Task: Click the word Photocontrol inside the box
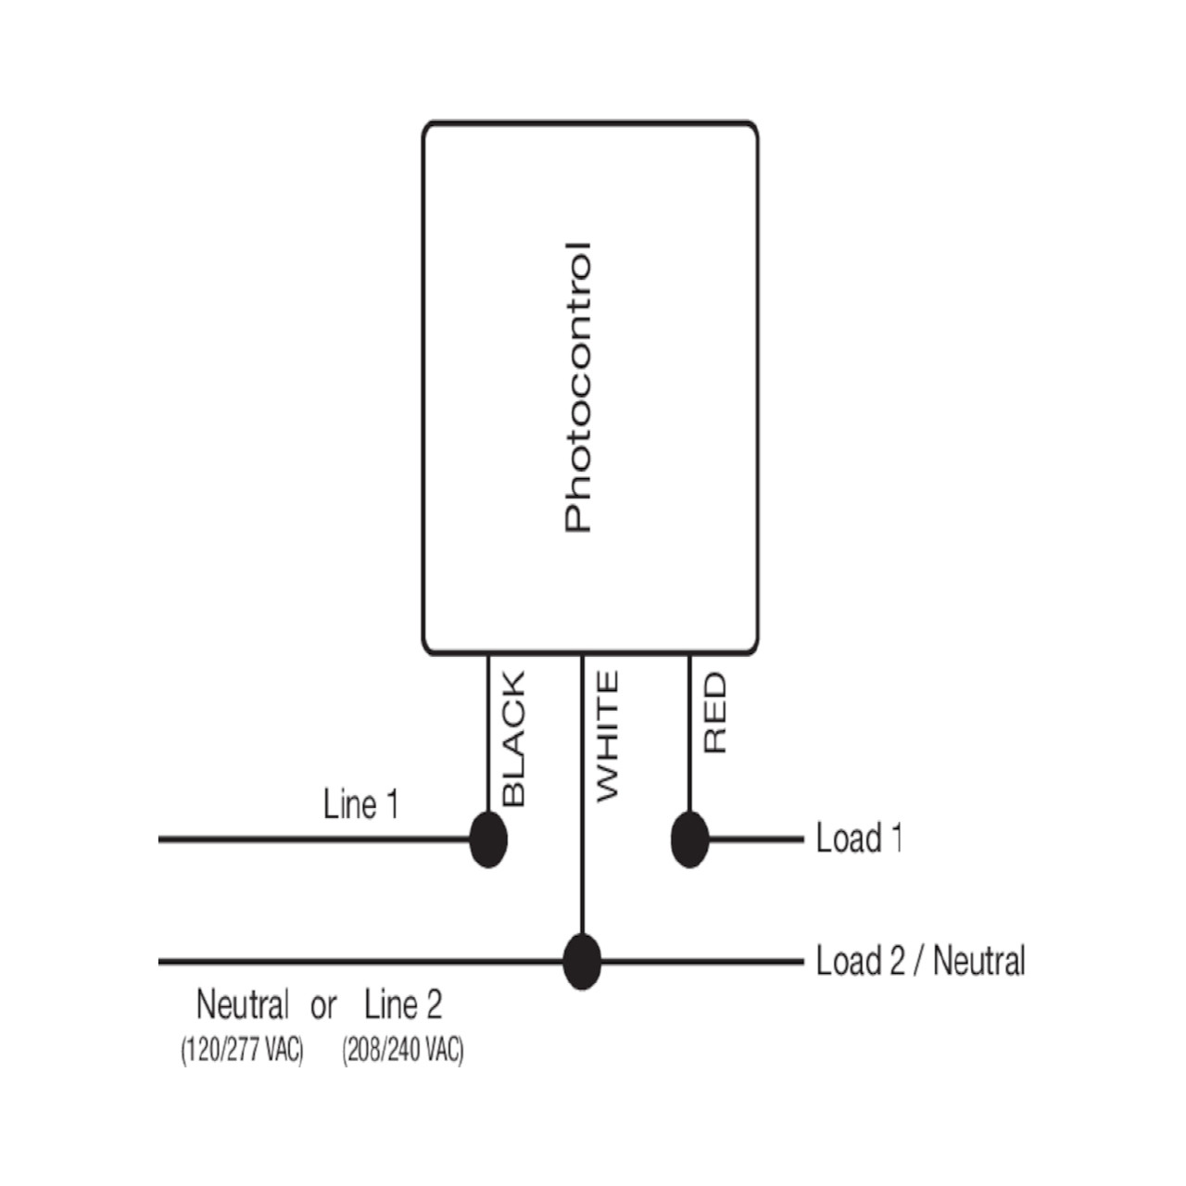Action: [577, 387]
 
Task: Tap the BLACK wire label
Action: [512, 738]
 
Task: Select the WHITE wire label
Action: [606, 737]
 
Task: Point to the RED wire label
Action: [714, 713]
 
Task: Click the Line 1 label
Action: [361, 804]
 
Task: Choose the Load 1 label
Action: [858, 839]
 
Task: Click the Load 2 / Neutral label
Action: [920, 961]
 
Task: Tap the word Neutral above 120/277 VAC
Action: [242, 1004]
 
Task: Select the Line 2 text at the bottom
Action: [403, 1004]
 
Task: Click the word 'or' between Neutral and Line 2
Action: [323, 1006]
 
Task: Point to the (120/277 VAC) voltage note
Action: [242, 1051]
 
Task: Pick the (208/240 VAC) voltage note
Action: [403, 1051]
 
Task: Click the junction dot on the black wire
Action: [488, 839]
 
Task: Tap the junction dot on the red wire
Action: [689, 839]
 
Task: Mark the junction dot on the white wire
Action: [582, 962]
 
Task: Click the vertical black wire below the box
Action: [488, 732]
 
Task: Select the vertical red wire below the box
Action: [689, 732]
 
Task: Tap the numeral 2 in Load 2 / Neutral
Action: [896, 961]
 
